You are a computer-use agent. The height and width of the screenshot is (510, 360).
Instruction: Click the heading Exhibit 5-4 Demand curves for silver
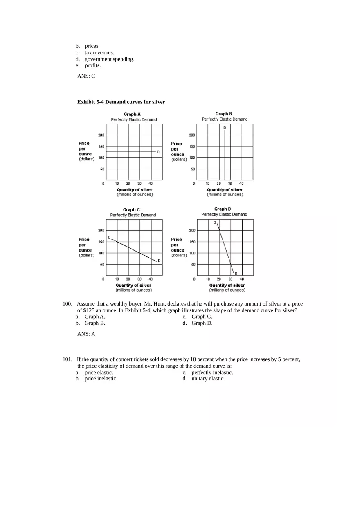click(121, 102)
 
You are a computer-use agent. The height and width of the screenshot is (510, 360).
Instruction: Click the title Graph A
click(133, 114)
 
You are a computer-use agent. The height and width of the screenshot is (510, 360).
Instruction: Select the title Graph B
click(224, 114)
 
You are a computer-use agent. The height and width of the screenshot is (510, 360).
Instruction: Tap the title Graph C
click(132, 209)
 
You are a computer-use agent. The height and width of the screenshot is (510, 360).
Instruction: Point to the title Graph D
click(223, 209)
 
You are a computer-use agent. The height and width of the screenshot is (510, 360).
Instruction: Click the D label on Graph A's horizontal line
click(158, 152)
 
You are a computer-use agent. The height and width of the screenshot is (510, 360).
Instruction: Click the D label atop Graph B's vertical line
click(224, 128)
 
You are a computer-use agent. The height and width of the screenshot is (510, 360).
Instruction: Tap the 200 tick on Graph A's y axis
click(101, 135)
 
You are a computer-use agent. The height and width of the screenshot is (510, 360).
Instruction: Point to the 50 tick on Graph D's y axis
click(193, 264)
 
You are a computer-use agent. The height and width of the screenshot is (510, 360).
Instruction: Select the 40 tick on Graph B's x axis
click(241, 184)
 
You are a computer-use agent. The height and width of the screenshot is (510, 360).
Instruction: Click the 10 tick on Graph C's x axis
click(117, 279)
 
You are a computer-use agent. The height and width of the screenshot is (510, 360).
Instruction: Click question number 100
click(67, 304)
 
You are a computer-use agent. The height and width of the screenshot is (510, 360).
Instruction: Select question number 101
click(67, 359)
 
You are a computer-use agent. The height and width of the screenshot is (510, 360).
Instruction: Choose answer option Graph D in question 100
click(202, 323)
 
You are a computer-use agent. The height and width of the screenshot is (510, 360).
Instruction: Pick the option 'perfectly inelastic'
click(212, 373)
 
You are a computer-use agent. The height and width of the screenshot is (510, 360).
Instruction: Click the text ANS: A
click(86, 334)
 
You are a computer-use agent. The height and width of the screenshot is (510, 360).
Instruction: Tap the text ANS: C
click(86, 76)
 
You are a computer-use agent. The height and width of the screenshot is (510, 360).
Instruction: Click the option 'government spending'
click(109, 59)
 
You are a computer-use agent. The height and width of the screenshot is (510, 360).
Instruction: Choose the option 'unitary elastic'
click(208, 379)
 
